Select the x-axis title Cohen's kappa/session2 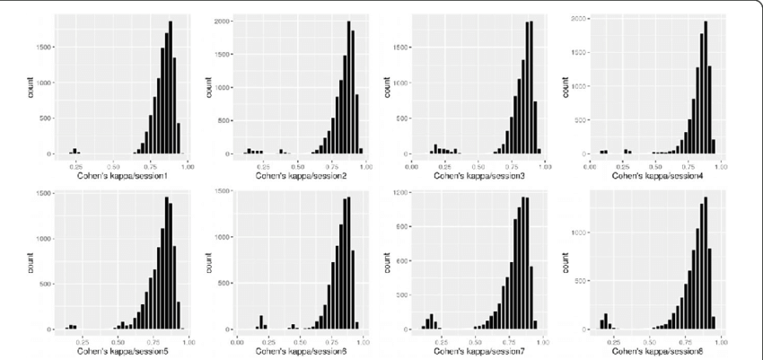(x=303, y=175)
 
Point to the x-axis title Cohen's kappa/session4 (x=654, y=175)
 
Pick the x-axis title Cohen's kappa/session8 (x=654, y=350)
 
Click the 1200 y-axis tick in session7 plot (x=401, y=192)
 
